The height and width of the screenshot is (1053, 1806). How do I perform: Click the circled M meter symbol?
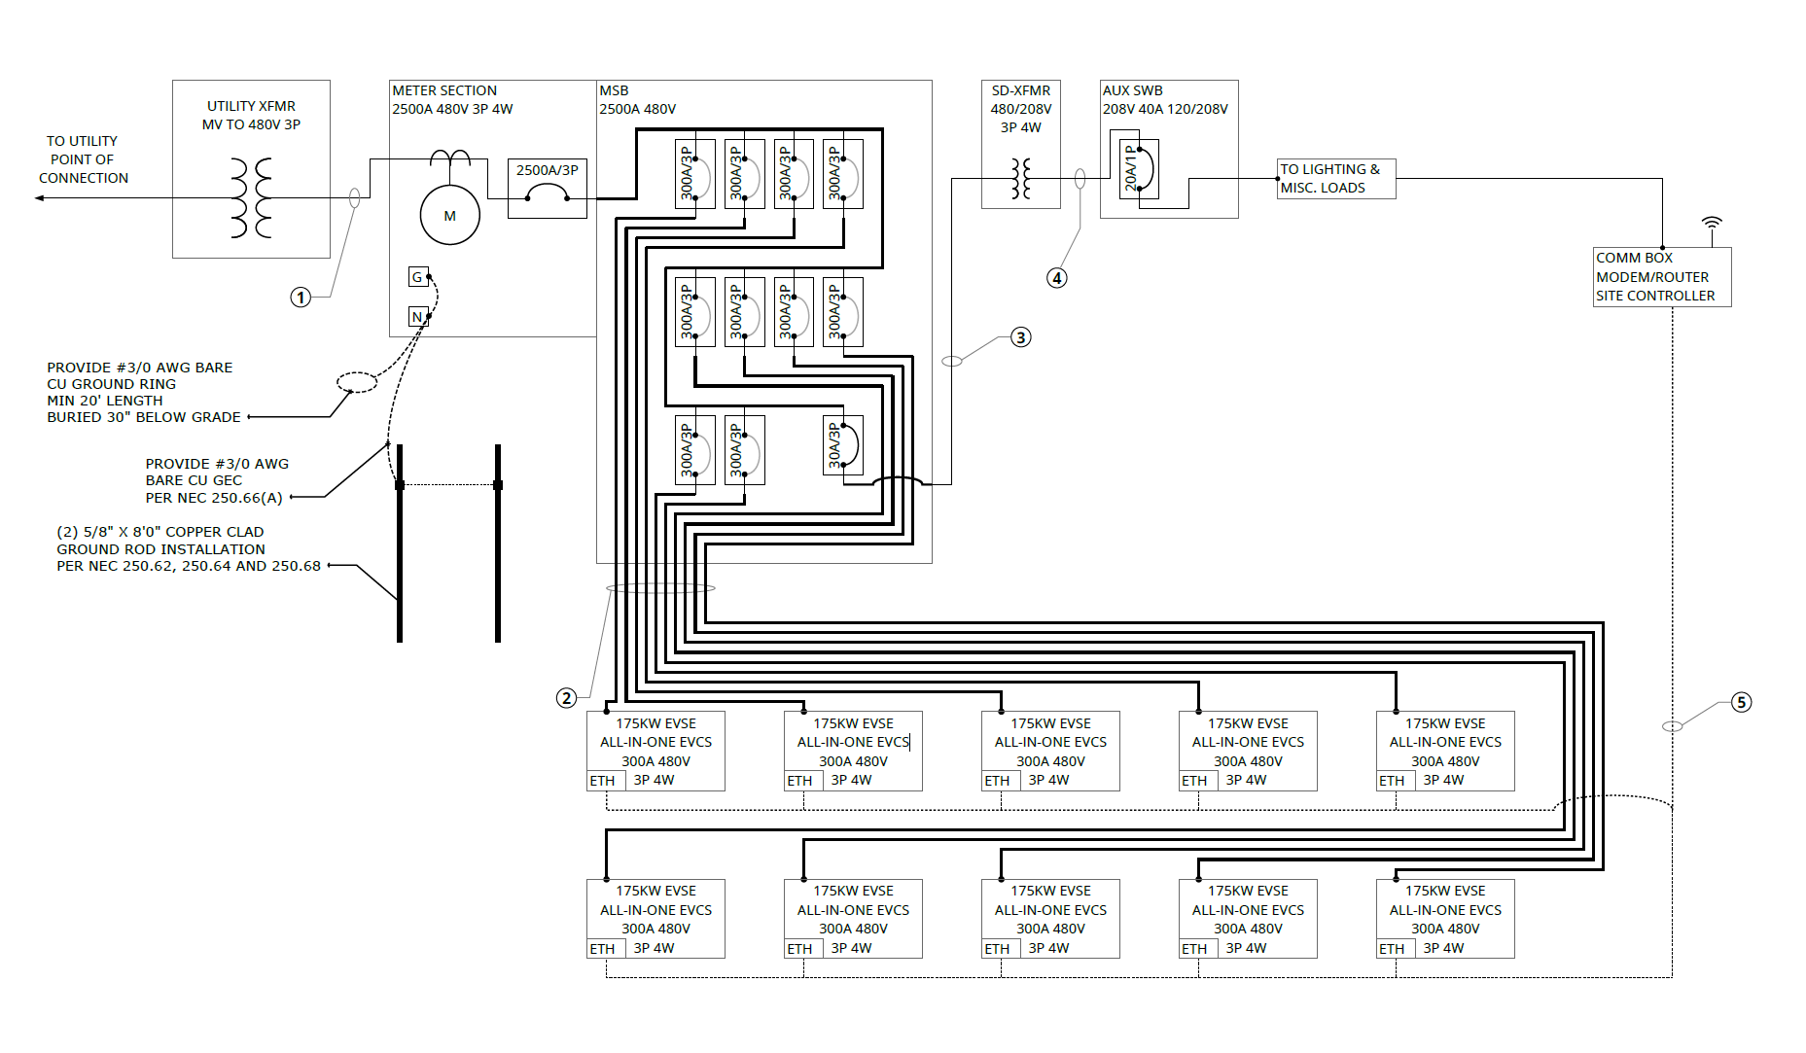(x=449, y=215)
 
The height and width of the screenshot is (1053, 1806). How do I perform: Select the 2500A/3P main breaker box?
(x=548, y=189)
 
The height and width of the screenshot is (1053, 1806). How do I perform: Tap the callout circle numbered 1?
(x=301, y=297)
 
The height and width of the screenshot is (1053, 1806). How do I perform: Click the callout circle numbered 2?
(x=566, y=697)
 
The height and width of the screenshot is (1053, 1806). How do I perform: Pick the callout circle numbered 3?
(x=1020, y=337)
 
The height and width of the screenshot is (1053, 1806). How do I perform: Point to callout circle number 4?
(x=1056, y=278)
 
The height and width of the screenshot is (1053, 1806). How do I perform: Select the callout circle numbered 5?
(x=1741, y=702)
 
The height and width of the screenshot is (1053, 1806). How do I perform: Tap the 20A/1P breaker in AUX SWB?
(x=1138, y=169)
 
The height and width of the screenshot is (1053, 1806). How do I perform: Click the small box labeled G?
(x=417, y=277)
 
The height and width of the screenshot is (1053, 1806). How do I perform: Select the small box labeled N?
(x=417, y=316)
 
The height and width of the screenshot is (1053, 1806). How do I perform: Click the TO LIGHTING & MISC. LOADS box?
(x=1336, y=179)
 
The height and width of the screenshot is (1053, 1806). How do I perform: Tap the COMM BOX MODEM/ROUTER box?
(x=1661, y=277)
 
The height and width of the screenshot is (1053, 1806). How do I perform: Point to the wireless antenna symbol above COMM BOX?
(x=1712, y=224)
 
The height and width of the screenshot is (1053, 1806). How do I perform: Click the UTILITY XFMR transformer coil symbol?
(x=251, y=198)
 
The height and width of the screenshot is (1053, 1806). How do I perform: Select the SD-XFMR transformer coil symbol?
(x=1020, y=179)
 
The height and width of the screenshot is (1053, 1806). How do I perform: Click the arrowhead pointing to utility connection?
(x=39, y=198)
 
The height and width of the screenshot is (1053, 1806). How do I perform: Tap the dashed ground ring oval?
(x=357, y=382)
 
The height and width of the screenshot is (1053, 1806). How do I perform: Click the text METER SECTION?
(x=444, y=90)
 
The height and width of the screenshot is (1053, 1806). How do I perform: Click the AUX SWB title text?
(x=1132, y=90)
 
